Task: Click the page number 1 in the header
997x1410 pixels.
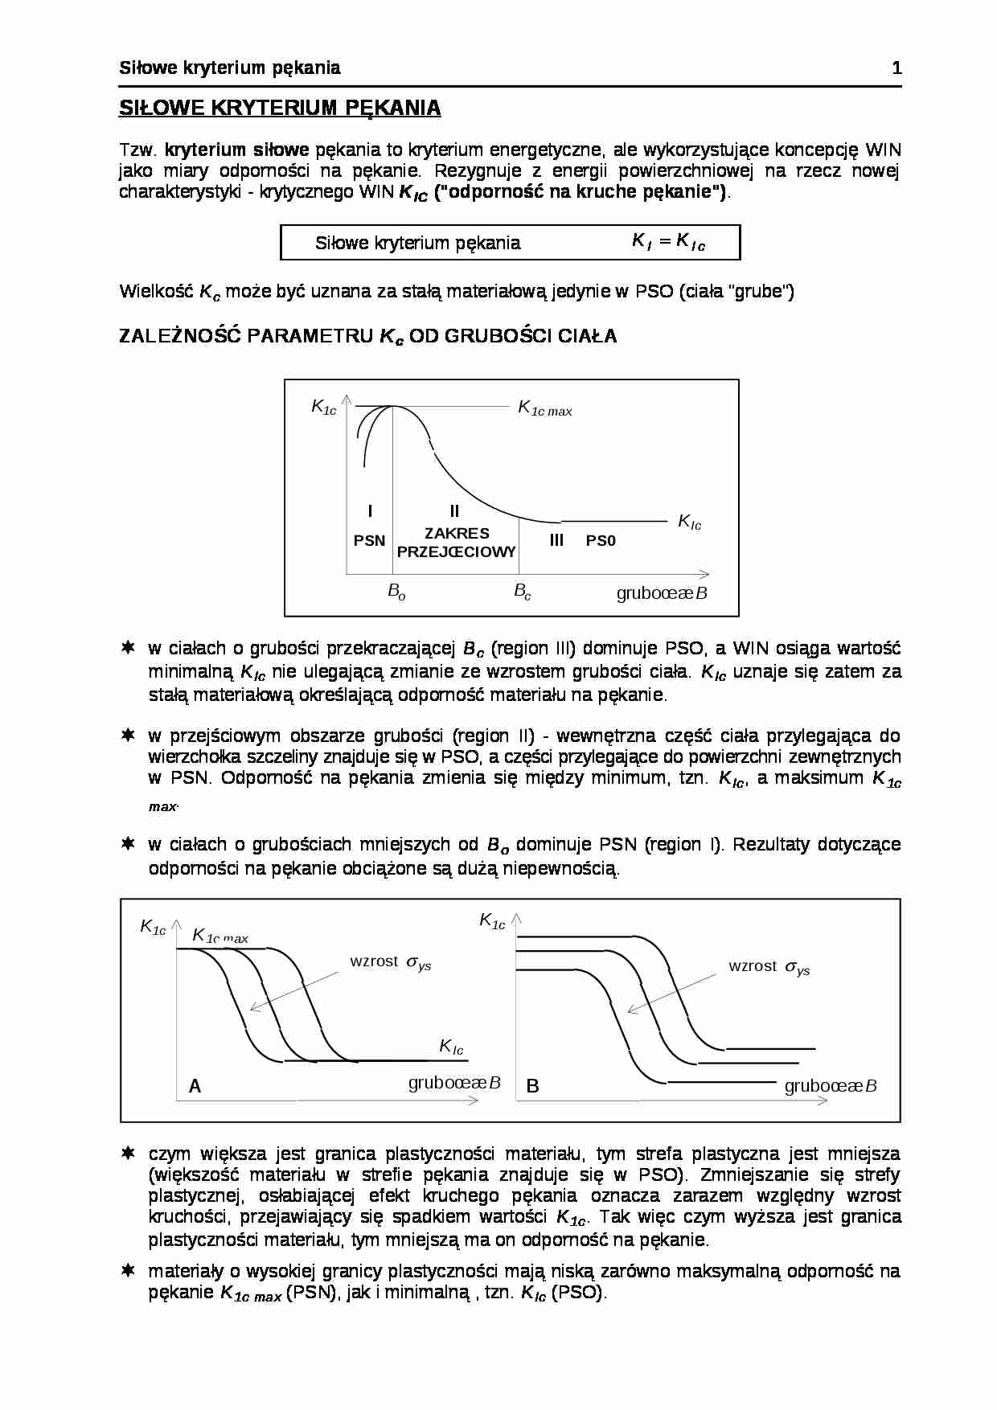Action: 896,68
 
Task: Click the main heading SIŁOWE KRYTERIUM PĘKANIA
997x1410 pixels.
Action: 280,109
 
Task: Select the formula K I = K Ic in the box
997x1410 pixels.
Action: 668,241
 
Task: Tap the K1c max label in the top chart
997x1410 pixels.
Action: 544,409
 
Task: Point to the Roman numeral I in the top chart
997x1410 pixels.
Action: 370,511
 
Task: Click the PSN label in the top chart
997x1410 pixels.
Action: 370,541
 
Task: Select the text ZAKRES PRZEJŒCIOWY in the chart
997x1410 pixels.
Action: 457,543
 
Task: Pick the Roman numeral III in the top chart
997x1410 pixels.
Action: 556,540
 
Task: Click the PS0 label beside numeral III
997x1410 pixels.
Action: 601,541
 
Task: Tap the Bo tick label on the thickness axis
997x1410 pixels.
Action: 396,592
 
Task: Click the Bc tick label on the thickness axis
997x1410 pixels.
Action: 523,592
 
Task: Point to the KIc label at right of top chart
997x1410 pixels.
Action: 689,523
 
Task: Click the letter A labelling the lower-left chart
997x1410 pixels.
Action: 195,1087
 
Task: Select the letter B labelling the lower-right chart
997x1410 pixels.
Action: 532,1087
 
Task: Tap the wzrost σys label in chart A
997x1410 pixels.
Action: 391,962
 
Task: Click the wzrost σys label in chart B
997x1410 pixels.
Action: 769,967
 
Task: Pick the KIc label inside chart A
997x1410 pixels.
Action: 451,1047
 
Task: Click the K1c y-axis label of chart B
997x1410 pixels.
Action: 492,921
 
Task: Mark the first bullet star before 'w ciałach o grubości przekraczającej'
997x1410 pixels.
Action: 127,648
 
